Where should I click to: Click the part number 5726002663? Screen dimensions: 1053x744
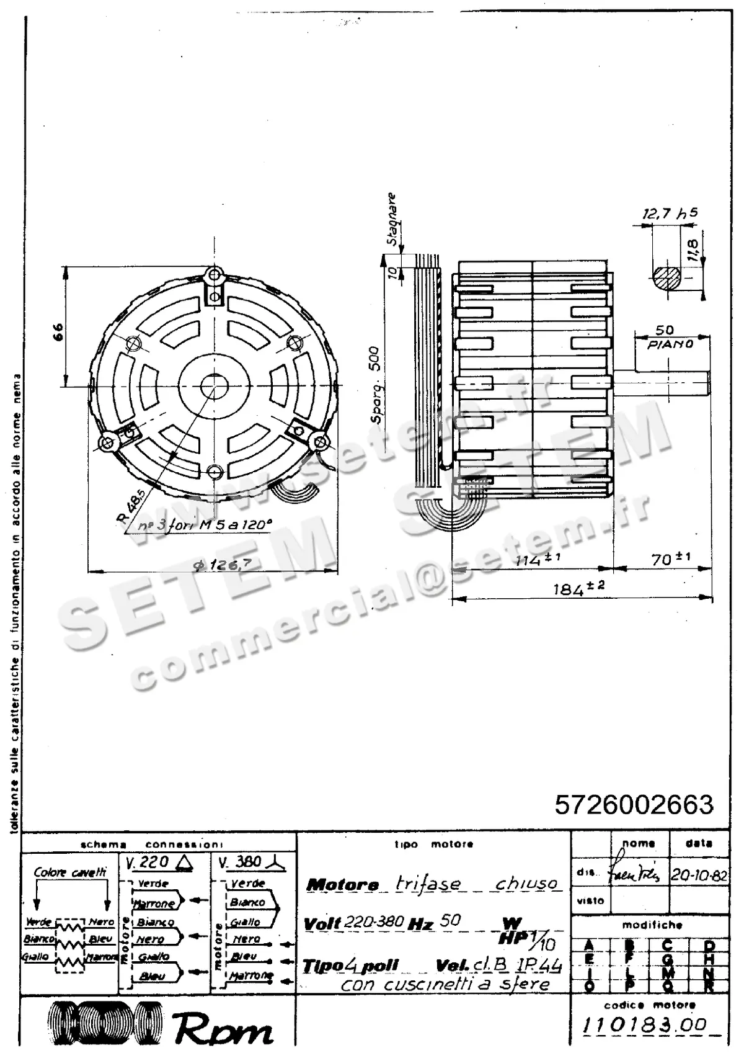point(634,805)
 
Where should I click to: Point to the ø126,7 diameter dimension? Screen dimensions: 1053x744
point(221,564)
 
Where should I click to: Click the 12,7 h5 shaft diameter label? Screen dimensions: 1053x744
point(670,214)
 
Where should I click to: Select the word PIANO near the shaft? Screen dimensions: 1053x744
point(670,344)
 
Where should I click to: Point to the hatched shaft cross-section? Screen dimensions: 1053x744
point(667,277)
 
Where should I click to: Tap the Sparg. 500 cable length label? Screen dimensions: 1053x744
point(377,385)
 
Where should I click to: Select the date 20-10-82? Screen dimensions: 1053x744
point(699,874)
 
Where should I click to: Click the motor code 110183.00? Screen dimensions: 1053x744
point(645,1025)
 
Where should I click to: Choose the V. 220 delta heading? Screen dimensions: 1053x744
point(158,862)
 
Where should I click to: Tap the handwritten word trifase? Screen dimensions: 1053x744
point(428,884)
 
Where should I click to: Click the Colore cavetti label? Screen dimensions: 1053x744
point(69,872)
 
